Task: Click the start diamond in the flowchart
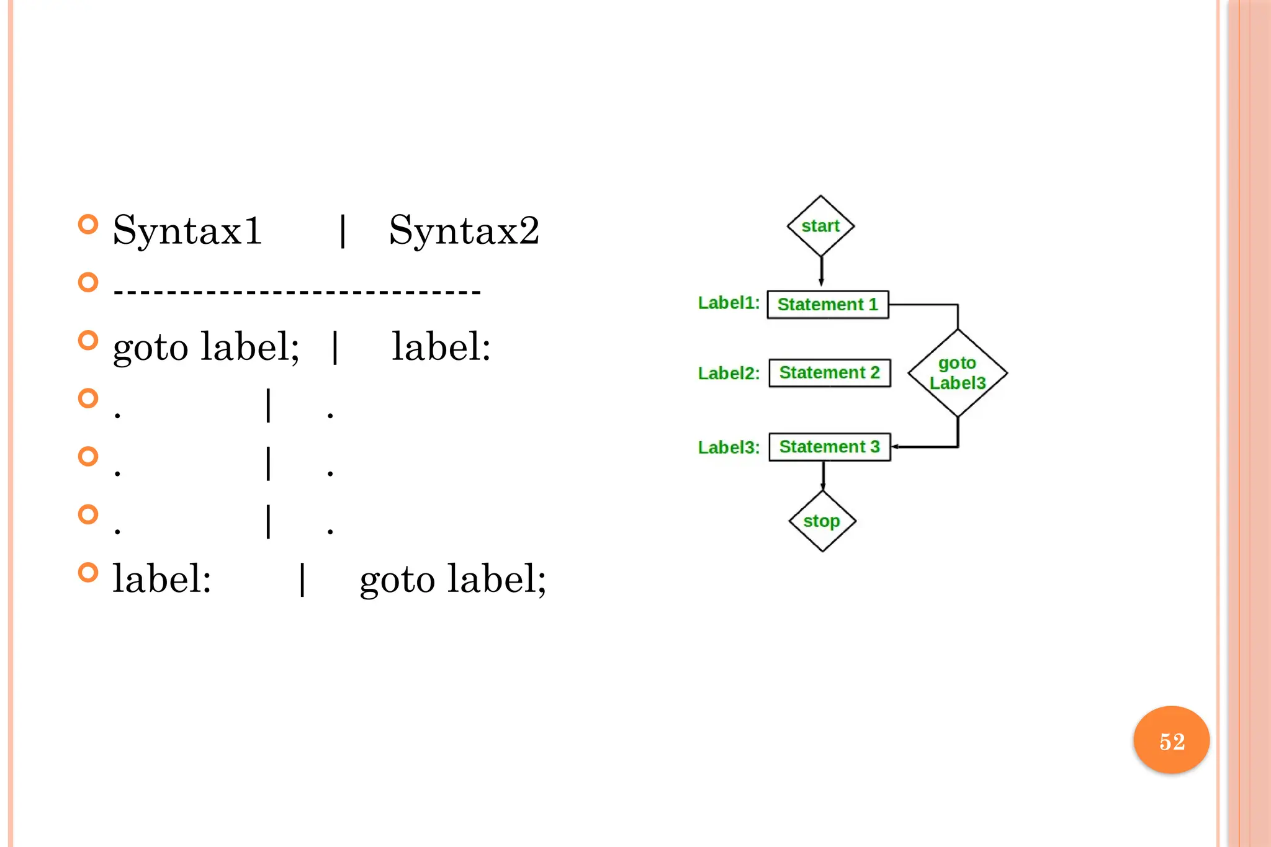[820, 226]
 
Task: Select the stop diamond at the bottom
[822, 521]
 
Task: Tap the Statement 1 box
[828, 305]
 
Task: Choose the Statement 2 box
[830, 373]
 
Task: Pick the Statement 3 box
[830, 447]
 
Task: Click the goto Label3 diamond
[958, 373]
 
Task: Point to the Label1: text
[729, 303]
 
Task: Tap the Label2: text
[729, 374]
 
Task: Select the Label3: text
[729, 447]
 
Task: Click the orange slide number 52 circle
[1171, 740]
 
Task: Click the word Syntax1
[187, 231]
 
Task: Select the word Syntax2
[464, 231]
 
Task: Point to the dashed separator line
[297, 290]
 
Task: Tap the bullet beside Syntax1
[88, 224]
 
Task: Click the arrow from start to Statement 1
[821, 271]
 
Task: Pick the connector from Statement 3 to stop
[823, 475]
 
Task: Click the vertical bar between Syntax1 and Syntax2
[343, 231]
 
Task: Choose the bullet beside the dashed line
[88, 282]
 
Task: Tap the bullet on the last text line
[88, 572]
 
